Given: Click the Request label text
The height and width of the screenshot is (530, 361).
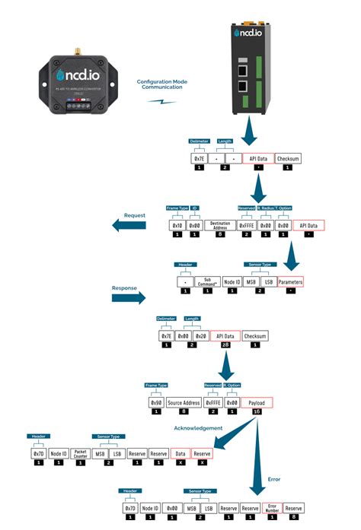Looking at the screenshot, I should [x=135, y=215].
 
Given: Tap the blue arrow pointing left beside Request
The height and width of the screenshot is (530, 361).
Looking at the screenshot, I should [x=129, y=225].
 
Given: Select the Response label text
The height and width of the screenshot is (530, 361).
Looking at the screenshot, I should [x=125, y=289].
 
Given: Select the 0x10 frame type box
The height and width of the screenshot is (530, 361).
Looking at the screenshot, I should [x=177, y=226].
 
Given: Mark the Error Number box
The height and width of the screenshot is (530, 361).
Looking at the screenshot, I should [x=272, y=507].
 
